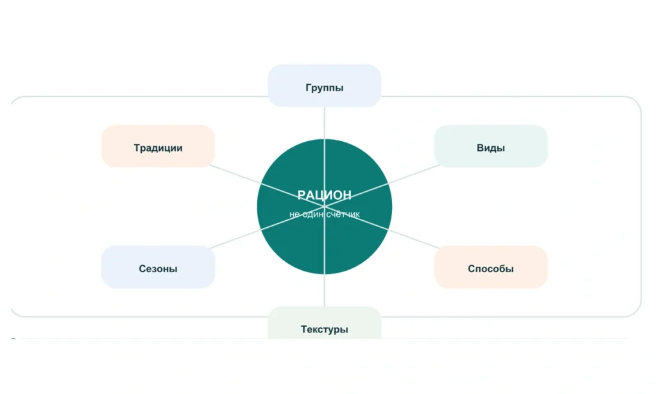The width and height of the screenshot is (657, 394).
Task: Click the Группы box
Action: [x=324, y=85]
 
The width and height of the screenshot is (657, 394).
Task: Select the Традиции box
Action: [x=158, y=146]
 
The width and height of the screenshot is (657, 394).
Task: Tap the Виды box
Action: [x=491, y=146]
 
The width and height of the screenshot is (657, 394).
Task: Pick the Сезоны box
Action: [x=158, y=267]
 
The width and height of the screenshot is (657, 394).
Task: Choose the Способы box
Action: [x=491, y=267]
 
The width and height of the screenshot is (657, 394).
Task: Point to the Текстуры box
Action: [x=324, y=323]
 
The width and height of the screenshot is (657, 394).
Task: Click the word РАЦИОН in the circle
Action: [x=324, y=195]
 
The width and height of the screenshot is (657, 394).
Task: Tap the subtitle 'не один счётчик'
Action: [x=324, y=214]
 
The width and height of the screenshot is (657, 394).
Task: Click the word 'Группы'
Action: [x=324, y=88]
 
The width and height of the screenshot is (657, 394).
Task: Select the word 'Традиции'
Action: [x=158, y=148]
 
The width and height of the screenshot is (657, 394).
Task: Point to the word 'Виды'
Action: [x=491, y=148]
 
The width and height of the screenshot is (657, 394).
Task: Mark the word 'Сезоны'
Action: [x=158, y=269]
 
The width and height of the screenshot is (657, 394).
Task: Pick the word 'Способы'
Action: [x=491, y=269]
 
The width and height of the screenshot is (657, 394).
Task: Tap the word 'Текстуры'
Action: [x=324, y=329]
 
